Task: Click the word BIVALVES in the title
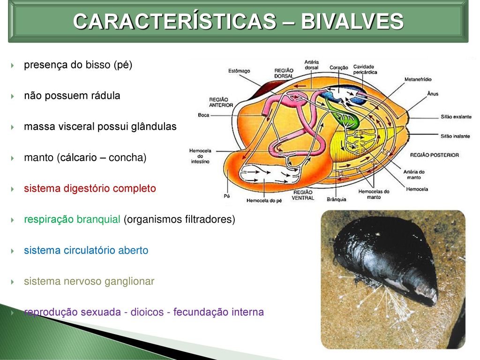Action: point(352,21)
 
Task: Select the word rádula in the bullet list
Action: point(106,96)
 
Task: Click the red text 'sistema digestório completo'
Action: point(90,188)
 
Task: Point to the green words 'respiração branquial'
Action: point(72,219)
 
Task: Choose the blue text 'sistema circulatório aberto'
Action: point(86,250)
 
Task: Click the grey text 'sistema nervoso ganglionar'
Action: point(89,281)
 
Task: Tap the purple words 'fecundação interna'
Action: point(218,312)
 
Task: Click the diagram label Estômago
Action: point(239,71)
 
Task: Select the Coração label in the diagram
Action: point(338,67)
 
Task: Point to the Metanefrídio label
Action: point(418,79)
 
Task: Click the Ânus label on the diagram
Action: point(433,94)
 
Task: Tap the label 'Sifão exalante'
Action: point(456,117)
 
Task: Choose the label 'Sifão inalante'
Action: point(455,136)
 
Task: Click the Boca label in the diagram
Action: point(203,115)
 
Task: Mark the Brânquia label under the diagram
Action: point(337,199)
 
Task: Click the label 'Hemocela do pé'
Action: point(264,201)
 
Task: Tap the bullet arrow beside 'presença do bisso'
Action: point(12,65)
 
